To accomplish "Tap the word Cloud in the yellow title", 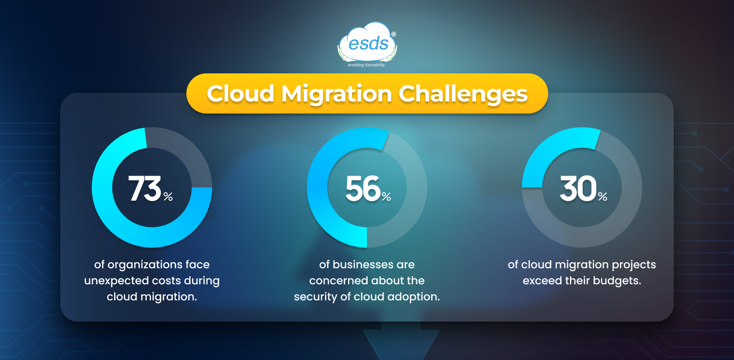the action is coord(240,93).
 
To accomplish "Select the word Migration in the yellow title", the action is coord(337,95).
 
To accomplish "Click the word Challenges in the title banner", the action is coord(463,95).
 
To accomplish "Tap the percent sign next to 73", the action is coord(168,196).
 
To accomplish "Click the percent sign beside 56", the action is coord(386,196).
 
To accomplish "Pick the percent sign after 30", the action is coord(603,196).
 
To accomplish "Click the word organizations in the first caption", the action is coord(145,265).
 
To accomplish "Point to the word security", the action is coord(315,297).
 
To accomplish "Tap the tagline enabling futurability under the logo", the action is coord(367,65).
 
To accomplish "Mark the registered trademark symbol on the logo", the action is coord(393,34).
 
